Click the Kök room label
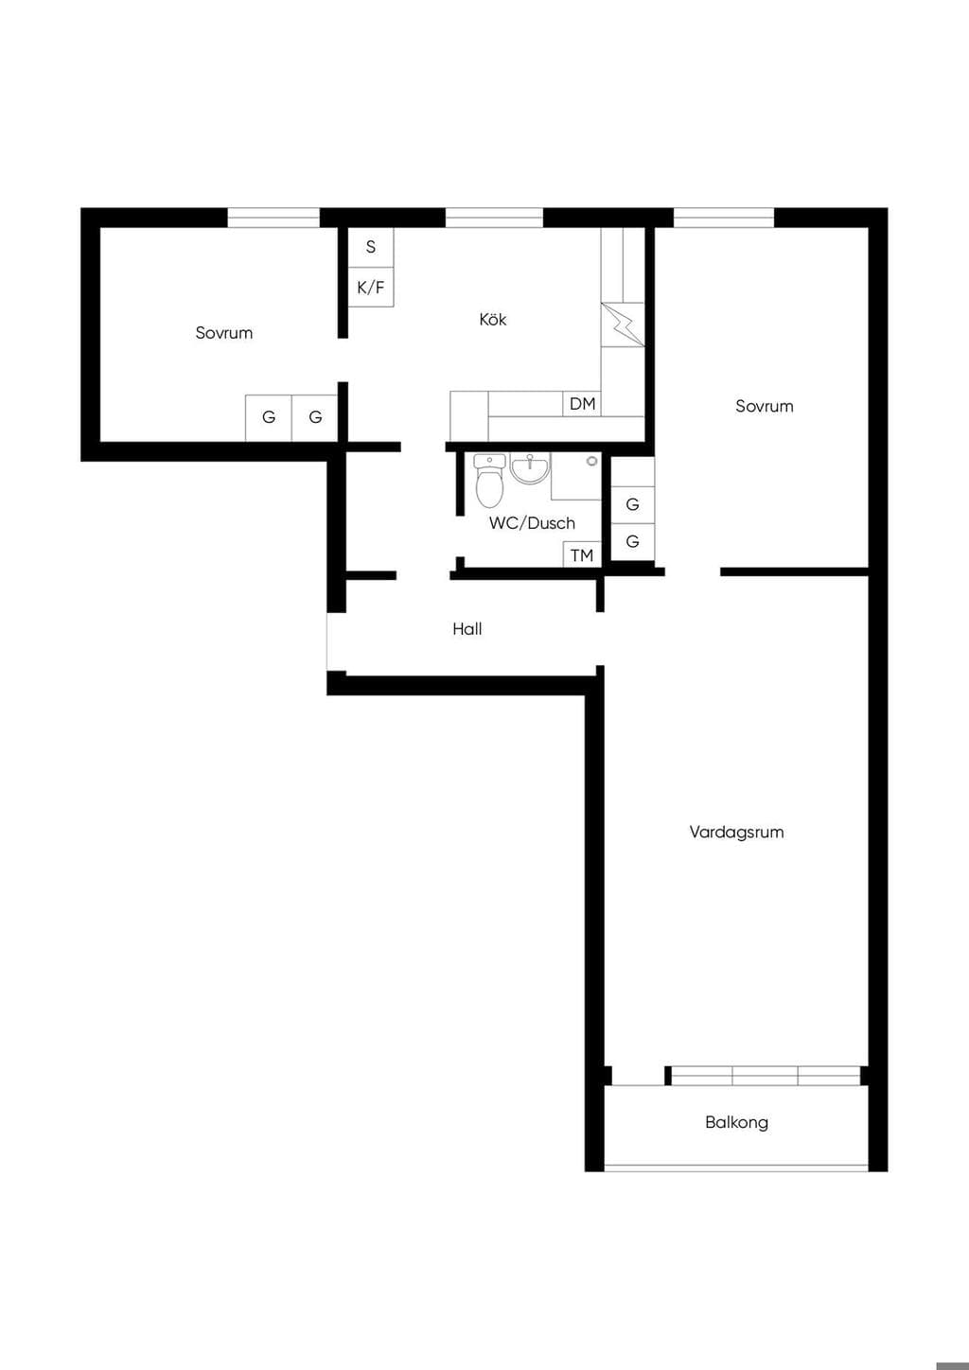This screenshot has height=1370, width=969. pos(492,319)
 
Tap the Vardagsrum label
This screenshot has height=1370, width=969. pos(736,832)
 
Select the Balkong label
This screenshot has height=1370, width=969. pos(736,1122)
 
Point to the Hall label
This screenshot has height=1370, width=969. pos(467,629)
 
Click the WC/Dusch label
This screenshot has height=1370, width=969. pos(532,523)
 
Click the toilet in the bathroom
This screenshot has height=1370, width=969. pos(489,481)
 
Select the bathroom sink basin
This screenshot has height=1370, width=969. pos(530,469)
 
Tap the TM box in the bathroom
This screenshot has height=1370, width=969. pos(582,554)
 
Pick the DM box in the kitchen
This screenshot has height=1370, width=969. pos(582,404)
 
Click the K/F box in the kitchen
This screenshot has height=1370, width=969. pos(371,287)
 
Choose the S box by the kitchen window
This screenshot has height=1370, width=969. pos(371,247)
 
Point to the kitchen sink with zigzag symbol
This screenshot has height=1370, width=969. pos(623,325)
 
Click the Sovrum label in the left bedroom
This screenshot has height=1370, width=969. pos(224,333)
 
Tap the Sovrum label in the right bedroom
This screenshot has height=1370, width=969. pos(765,406)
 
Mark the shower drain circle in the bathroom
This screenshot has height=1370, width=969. pos(592,461)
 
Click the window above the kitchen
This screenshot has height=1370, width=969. pos(494,218)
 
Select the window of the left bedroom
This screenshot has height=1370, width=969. pos(273,218)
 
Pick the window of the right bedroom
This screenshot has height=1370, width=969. pos(724,218)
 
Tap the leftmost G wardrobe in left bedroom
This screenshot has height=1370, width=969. pos(269,418)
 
